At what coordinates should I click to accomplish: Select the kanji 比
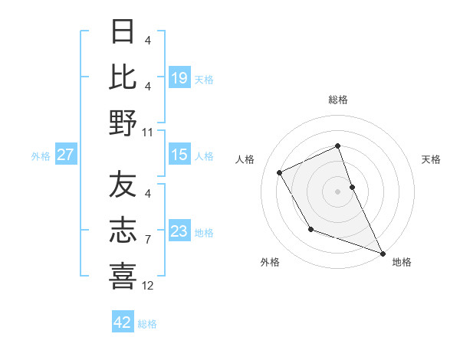(123, 77)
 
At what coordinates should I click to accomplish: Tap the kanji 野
(123, 122)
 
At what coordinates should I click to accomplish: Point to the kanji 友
(123, 186)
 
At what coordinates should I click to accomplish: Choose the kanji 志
(123, 231)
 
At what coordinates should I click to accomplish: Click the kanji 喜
(123, 275)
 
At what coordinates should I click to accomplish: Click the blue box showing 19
(179, 77)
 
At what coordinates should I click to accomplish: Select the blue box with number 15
(179, 155)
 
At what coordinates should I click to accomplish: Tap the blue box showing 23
(179, 231)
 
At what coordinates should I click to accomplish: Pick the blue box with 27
(66, 155)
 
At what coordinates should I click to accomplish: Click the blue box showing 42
(123, 322)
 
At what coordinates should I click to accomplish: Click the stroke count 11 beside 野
(149, 132)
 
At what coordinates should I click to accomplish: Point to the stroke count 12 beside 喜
(149, 286)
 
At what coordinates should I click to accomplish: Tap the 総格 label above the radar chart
(338, 100)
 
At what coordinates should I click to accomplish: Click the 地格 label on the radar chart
(402, 262)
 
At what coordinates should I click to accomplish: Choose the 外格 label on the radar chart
(270, 262)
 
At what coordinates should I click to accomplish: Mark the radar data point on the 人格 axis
(280, 172)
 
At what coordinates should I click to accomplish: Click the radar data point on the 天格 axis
(352, 187)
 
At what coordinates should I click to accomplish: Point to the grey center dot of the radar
(337, 191)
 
